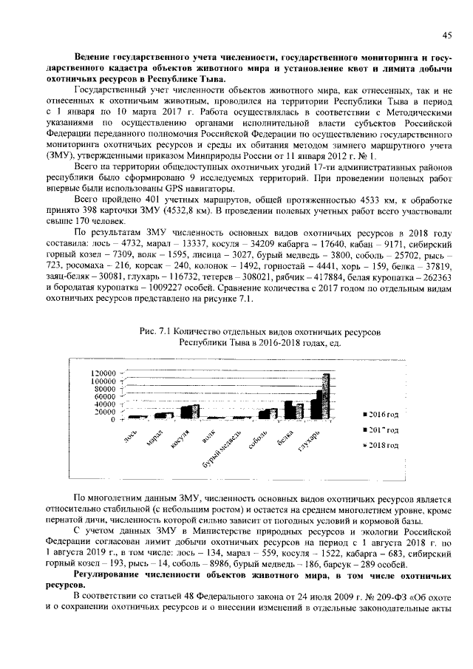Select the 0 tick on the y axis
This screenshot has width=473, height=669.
click(112, 420)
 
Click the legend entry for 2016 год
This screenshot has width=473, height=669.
click(384, 414)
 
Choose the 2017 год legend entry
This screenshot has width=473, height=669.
click(384, 429)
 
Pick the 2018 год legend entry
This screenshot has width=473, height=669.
click(384, 446)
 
